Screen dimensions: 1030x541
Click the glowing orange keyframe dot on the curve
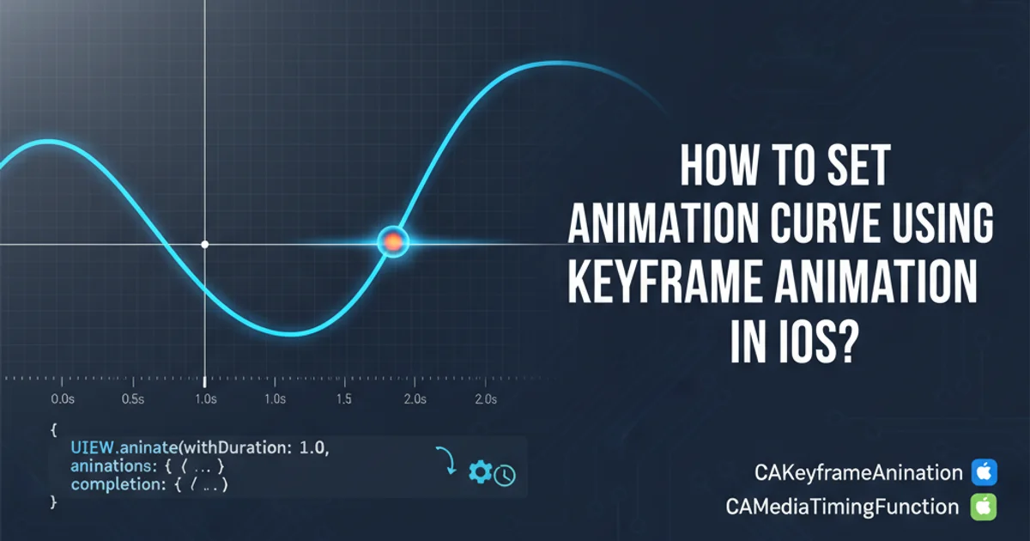pyautogui.click(x=393, y=242)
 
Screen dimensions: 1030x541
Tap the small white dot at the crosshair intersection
pyautogui.click(x=204, y=244)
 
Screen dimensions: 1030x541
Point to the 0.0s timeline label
pyautogui.click(x=63, y=398)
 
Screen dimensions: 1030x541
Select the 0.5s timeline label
pyautogui.click(x=133, y=398)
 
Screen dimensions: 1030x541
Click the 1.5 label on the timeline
pyautogui.click(x=343, y=398)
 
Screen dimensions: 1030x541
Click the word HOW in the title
pyautogui.click(x=718, y=166)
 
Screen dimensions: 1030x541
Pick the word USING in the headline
pyautogui.click(x=942, y=223)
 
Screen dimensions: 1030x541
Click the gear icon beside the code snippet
pyautogui.click(x=481, y=471)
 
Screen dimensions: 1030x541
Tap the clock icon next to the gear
pyautogui.click(x=505, y=476)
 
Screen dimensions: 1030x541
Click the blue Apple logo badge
pyautogui.click(x=984, y=472)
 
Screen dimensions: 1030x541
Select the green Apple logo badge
pyautogui.click(x=984, y=507)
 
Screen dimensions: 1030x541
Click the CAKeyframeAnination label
pyautogui.click(x=858, y=473)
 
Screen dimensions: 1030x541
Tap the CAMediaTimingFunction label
pyautogui.click(x=842, y=507)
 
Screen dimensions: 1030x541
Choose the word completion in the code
pyautogui.click(x=118, y=484)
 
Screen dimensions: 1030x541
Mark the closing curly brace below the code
pyautogui.click(x=53, y=501)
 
